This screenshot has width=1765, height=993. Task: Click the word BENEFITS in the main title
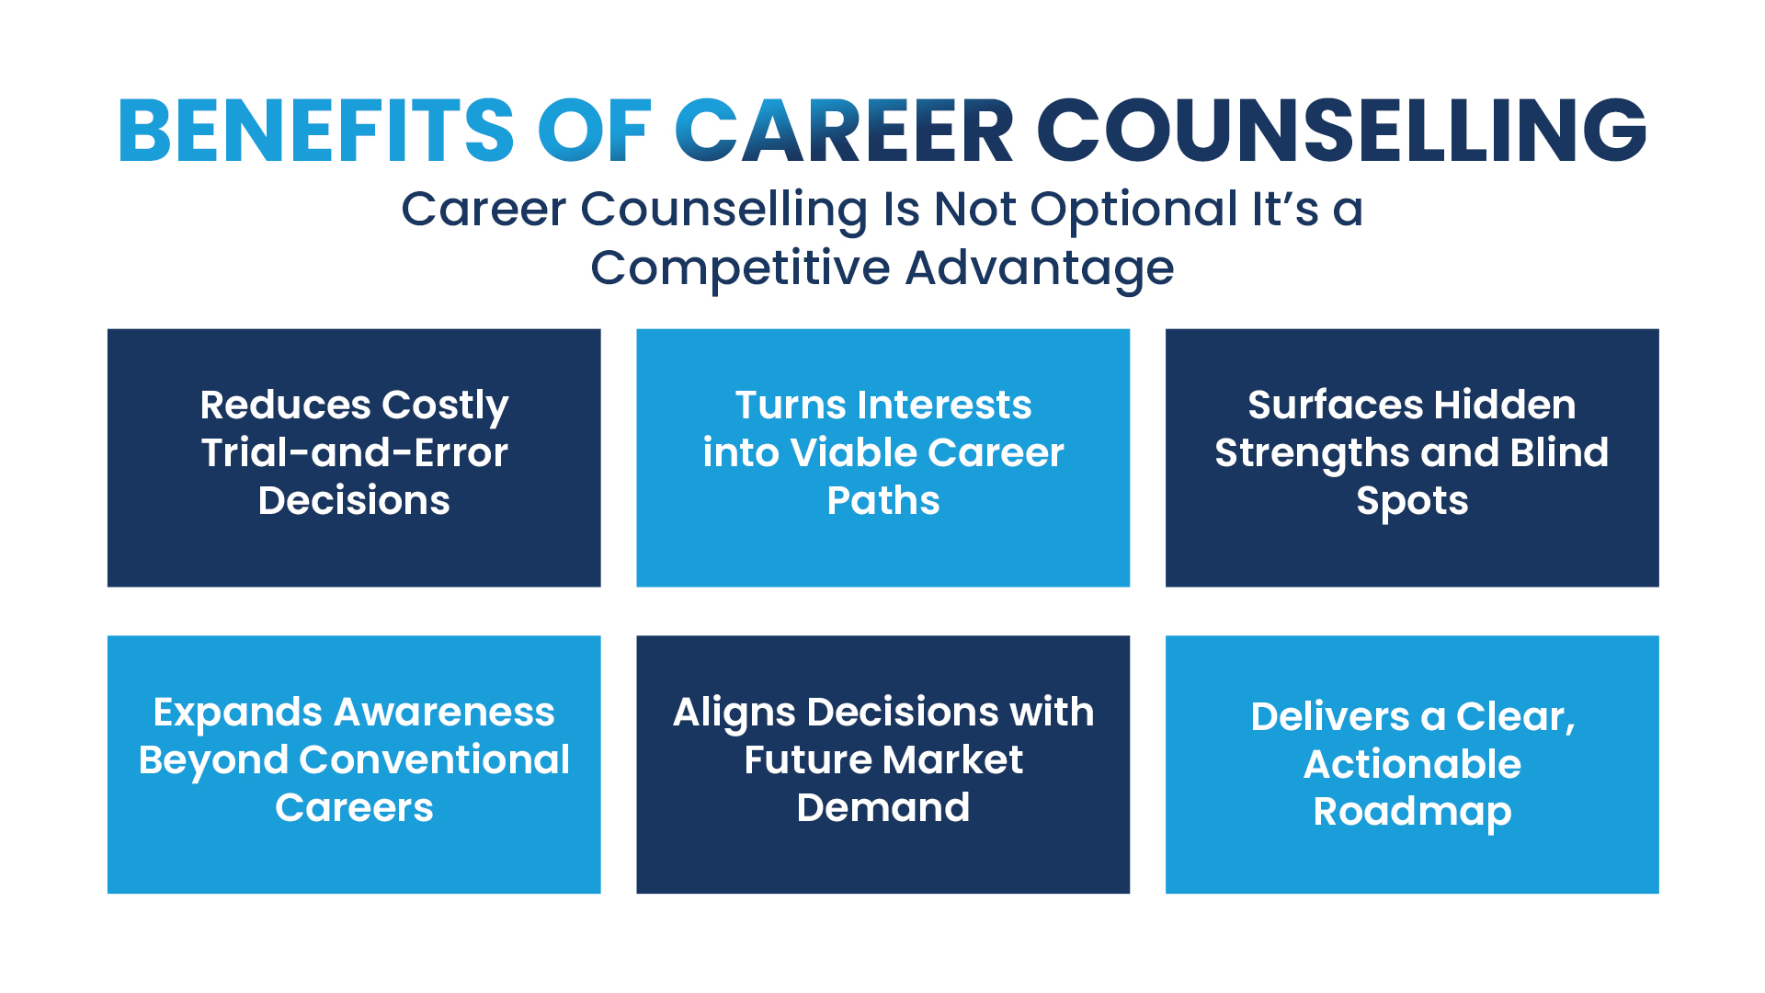315,131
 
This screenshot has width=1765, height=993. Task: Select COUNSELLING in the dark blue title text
1341,131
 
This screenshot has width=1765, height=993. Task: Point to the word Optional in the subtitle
1134,210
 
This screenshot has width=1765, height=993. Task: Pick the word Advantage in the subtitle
1040,268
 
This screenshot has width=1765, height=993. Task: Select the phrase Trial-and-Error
354,452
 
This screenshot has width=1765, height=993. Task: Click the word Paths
882,501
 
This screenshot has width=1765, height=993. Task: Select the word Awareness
444,713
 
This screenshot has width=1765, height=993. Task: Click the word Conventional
435,760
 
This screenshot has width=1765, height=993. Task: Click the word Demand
882,808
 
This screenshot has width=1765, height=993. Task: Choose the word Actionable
1412,764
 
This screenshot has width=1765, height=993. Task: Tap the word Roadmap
1412,813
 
